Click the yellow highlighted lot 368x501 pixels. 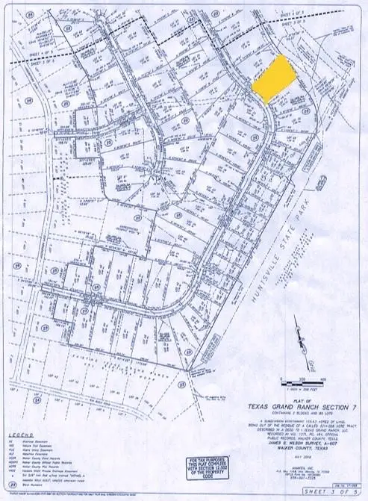click(271, 78)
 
